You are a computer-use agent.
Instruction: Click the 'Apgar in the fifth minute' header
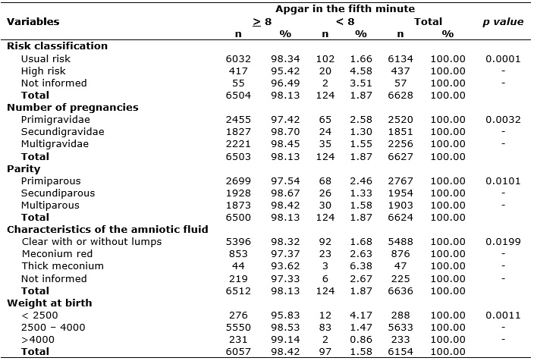click(x=345, y=9)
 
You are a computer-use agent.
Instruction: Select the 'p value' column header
click(x=503, y=22)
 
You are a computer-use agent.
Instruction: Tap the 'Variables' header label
click(x=33, y=22)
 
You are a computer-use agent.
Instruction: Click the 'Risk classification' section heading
click(x=57, y=46)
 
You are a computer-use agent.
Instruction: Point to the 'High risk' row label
click(x=43, y=71)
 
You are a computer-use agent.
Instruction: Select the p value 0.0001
click(x=503, y=59)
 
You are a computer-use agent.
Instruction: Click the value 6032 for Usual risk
click(x=238, y=59)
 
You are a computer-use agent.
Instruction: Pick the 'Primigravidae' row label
click(x=55, y=120)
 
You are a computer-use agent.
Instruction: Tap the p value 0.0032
click(x=503, y=120)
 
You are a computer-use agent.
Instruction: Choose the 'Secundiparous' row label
click(x=58, y=193)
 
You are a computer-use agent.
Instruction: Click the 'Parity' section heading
click(x=24, y=169)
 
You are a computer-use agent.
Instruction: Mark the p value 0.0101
click(x=503, y=180)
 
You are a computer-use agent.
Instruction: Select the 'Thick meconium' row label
click(x=63, y=266)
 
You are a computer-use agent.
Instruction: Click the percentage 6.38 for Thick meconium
click(x=361, y=266)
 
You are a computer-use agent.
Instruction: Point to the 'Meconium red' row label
click(x=57, y=254)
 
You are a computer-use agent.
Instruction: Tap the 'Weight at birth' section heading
click(x=49, y=303)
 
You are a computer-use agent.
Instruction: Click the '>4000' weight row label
click(x=38, y=340)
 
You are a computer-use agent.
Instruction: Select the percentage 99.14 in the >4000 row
click(x=285, y=340)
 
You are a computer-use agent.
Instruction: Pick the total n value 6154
click(x=400, y=352)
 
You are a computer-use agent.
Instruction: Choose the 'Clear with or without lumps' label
click(x=92, y=242)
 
